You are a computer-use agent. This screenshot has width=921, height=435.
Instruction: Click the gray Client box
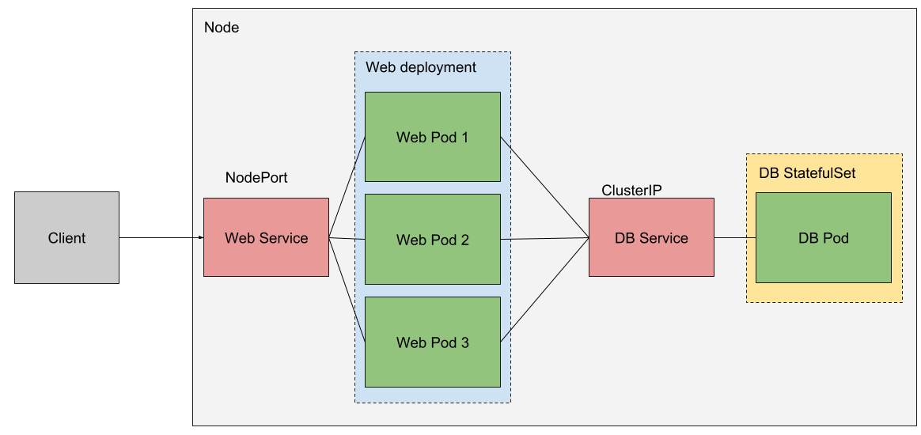66,238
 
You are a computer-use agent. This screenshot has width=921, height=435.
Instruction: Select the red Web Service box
266,237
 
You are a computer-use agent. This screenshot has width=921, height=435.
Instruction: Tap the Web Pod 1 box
432,137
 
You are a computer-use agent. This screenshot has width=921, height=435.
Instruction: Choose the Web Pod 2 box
432,240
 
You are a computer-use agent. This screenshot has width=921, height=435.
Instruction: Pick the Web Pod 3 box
432,342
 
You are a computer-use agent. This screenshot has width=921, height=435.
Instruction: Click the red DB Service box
651,237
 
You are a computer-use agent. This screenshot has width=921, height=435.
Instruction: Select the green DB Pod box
823,238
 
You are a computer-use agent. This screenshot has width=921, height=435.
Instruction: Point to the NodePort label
256,178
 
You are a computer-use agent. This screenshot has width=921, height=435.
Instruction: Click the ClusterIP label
631,190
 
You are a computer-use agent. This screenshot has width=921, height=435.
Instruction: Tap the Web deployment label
420,67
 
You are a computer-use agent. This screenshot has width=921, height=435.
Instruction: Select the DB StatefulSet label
806,173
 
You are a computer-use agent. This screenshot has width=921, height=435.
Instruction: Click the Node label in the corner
222,28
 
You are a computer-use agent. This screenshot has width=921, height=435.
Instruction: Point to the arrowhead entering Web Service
200,237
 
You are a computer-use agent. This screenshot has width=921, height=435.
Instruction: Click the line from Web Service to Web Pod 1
347,188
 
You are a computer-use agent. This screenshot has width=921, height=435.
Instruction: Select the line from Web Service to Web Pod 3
347,289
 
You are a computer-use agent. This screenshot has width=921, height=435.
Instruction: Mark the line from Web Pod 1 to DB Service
544,187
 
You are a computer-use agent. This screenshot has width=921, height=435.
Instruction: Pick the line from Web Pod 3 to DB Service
544,289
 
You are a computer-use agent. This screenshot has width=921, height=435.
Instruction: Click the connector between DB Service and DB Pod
734,237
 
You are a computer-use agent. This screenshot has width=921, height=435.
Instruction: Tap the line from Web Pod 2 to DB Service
544,239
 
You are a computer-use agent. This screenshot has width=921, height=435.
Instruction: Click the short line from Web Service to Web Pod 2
347,238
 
